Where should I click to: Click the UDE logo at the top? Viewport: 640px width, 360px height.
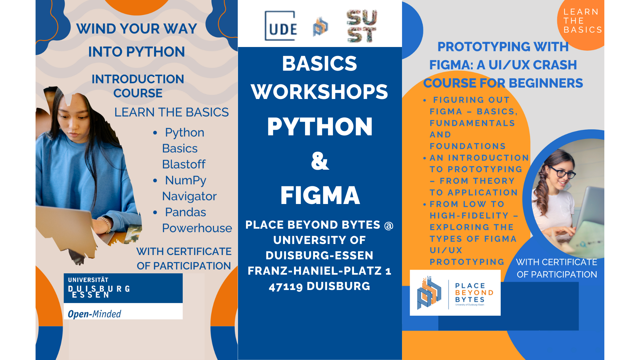point(281,26)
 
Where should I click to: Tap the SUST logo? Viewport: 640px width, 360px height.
point(362,26)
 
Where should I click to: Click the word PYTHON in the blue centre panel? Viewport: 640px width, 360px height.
point(320,127)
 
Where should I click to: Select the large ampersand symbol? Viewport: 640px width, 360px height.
point(320,161)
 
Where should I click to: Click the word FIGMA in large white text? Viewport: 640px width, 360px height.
point(320,195)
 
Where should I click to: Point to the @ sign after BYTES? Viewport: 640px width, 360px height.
point(389,226)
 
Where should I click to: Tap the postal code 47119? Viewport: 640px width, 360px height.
point(286,286)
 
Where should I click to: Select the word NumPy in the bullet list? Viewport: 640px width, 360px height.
point(186,180)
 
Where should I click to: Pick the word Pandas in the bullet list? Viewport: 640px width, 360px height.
point(185,212)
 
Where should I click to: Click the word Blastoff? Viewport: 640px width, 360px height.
point(184,164)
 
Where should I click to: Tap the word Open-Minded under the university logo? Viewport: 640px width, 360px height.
point(94,314)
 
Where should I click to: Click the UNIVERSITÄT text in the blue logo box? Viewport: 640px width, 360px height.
point(88,280)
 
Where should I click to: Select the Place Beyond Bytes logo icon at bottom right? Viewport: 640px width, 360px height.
point(429,292)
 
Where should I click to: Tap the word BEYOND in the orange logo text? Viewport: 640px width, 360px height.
point(474,293)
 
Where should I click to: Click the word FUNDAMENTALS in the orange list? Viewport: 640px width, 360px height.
point(472,123)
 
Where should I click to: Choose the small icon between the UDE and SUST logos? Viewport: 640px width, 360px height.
point(321,26)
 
